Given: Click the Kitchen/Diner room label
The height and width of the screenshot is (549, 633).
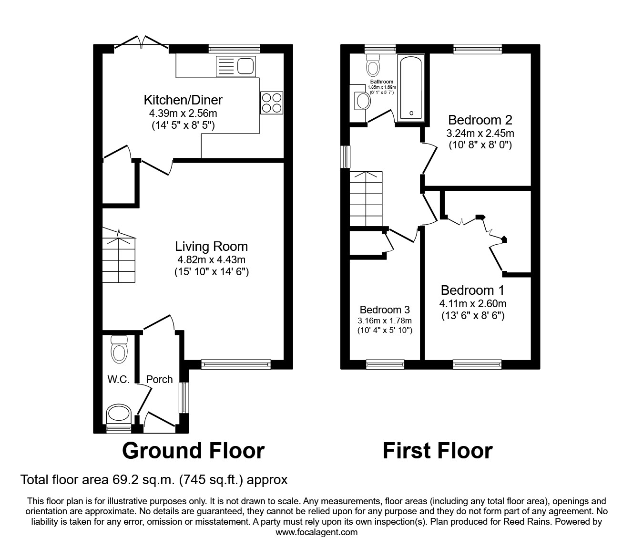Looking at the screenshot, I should tap(183, 100).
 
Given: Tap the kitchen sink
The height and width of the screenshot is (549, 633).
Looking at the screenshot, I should tap(236, 66).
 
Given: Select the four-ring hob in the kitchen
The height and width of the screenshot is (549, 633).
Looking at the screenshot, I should tap(271, 103).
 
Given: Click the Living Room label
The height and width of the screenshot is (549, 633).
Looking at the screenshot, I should tap(211, 247).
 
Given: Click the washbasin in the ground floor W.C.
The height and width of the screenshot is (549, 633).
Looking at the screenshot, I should tap(119, 413).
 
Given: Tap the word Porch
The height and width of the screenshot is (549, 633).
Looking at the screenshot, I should tap(159, 379).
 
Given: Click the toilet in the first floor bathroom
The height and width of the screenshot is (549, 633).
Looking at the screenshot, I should tap(373, 65).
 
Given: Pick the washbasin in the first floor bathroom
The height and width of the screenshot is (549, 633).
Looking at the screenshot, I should tap(363, 101).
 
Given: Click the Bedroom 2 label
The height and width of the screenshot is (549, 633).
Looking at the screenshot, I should tap(480, 120).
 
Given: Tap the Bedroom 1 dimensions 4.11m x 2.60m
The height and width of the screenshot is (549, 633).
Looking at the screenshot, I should tap(472, 303).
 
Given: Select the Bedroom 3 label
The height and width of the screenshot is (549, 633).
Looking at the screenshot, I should tap(385, 310).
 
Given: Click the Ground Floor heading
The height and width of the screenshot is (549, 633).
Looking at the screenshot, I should tap(193, 451).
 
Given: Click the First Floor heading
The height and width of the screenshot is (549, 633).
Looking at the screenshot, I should tap(437, 451).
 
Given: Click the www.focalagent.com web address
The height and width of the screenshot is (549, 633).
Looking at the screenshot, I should tap(316, 532).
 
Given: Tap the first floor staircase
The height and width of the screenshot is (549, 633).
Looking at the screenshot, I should tap(366, 199).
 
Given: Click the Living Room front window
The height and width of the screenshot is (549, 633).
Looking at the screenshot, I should tap(235, 364).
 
